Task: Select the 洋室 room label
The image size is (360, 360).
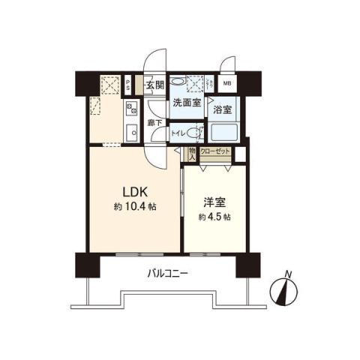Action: pos(214,202)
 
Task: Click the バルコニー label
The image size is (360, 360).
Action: pos(166,274)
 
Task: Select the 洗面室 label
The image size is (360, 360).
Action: pos(184,103)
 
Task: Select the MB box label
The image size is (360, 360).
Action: pos(227,83)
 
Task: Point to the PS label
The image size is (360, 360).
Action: pos(129,84)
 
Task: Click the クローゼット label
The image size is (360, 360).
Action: pos(215,151)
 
